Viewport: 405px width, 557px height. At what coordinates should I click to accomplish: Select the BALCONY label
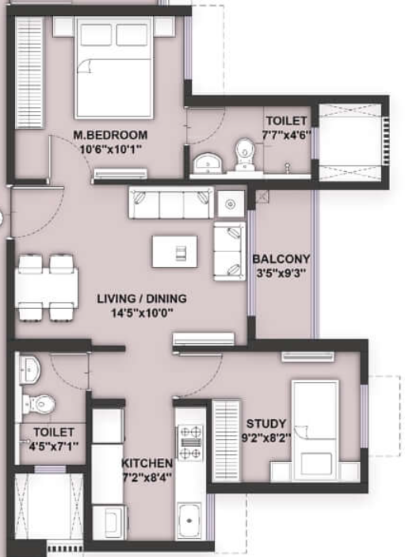coord(281,259)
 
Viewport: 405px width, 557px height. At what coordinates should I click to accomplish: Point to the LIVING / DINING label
coord(142,299)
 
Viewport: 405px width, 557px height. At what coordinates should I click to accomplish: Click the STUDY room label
coord(266,423)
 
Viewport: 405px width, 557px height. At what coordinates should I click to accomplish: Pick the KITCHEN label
coord(147,463)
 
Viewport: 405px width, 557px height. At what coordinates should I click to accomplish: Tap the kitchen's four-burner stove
coord(190,443)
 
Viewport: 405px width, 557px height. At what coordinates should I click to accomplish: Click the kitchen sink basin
coord(190,524)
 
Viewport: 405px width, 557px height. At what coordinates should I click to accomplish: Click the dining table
coord(46,286)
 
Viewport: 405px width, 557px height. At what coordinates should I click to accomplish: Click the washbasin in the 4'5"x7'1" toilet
coord(31,367)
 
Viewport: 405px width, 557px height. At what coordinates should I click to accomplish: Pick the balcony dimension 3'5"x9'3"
coord(281,273)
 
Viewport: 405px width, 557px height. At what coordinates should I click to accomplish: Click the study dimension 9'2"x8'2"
coord(266,437)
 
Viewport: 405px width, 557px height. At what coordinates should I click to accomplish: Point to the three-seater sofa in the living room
coord(171,203)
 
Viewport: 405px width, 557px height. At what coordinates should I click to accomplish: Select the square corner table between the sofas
coord(231,203)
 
